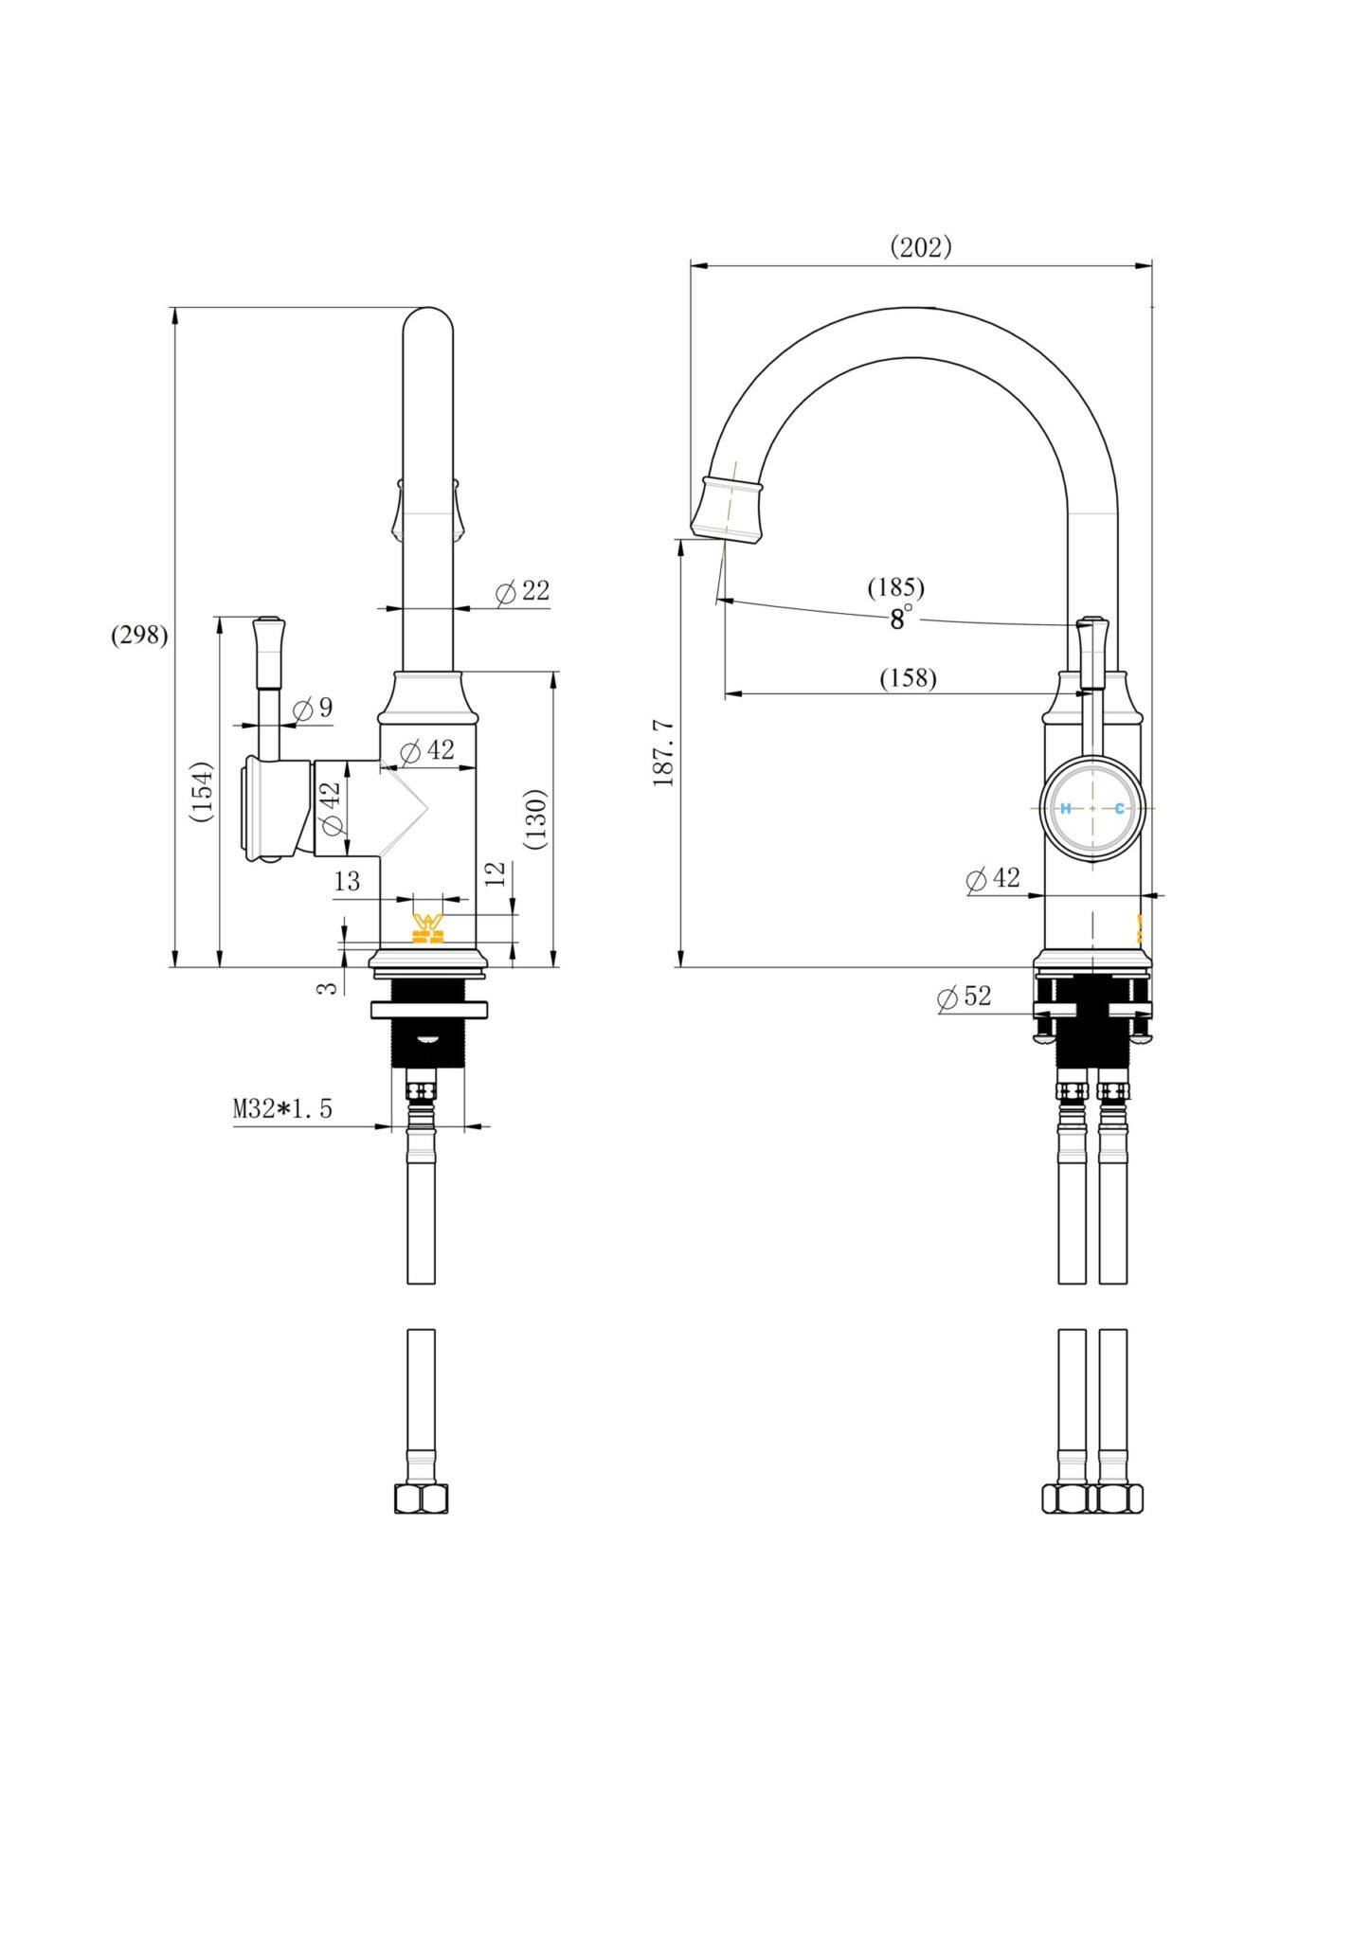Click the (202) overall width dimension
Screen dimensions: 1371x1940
[920, 247]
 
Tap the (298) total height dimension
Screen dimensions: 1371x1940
[139, 635]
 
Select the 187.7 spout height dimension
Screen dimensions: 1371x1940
[663, 753]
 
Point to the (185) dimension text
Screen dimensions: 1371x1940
[895, 587]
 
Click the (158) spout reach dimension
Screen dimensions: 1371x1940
[908, 678]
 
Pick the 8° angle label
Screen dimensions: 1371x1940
[901, 619]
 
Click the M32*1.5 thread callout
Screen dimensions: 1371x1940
[282, 1108]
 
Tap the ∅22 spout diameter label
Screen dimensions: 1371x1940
[522, 591]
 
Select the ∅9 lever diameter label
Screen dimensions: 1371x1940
[313, 708]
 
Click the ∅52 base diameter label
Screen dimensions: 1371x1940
[964, 997]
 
